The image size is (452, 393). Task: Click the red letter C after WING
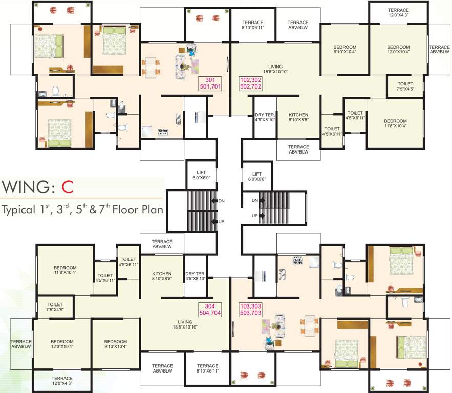click(68, 187)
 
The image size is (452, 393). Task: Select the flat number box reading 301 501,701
click(210, 83)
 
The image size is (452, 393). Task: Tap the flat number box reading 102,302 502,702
click(250, 83)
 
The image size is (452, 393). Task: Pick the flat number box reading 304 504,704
click(210, 310)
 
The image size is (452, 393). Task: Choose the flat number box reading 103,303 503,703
click(250, 310)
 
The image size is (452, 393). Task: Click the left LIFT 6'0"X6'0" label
click(201, 175)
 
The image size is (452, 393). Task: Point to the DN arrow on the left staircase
click(214, 201)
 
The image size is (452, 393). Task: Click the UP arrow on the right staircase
click(262, 216)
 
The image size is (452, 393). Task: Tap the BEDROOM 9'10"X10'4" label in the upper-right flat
click(345, 49)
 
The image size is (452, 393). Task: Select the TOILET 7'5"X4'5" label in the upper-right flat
click(405, 86)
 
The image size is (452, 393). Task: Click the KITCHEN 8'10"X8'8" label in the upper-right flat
click(298, 117)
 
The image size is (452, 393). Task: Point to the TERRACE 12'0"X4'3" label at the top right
click(398, 12)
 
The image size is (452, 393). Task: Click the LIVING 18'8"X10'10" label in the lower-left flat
click(185, 324)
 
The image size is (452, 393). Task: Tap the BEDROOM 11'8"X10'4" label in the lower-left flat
click(65, 270)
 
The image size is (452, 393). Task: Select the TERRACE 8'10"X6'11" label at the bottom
click(207, 368)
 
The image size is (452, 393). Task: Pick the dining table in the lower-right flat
click(310, 326)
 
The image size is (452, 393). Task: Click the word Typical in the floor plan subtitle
click(19, 210)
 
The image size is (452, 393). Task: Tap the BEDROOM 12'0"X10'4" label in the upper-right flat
click(398, 49)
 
